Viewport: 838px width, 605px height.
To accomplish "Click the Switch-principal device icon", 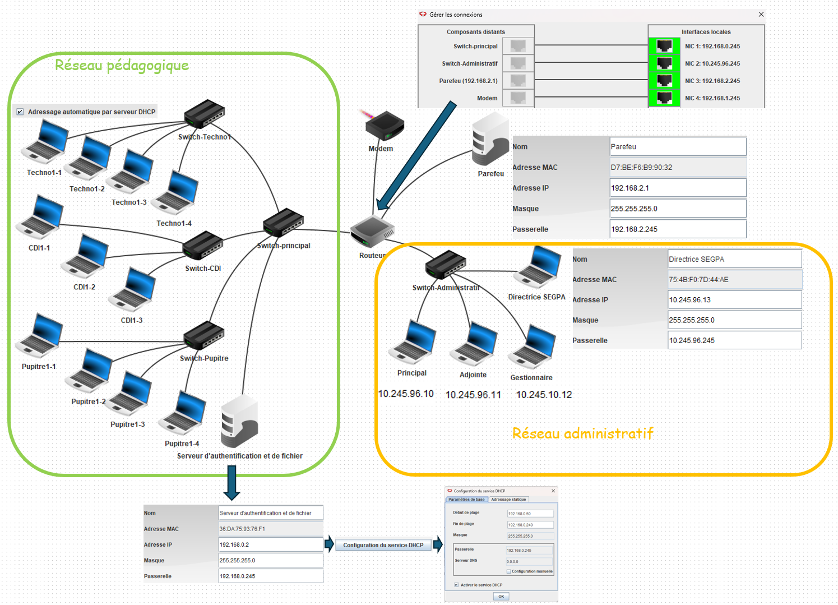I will [283, 222].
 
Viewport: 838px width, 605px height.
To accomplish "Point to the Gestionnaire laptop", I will [533, 347].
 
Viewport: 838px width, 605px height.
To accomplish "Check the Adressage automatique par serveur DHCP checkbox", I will [20, 112].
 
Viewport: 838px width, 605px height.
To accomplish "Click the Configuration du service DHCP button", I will [383, 545].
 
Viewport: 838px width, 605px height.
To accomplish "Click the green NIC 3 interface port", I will [664, 81].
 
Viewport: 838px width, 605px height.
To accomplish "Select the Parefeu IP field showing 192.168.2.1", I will [678, 188].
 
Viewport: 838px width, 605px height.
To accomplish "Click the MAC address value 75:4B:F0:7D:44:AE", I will [734, 279].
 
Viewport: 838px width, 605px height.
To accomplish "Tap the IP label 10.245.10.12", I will [544, 395].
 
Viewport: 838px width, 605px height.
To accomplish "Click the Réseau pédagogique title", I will [122, 66].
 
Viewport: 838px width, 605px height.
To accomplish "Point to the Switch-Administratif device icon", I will [446, 265].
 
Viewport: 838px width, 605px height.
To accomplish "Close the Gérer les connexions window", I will [761, 15].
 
